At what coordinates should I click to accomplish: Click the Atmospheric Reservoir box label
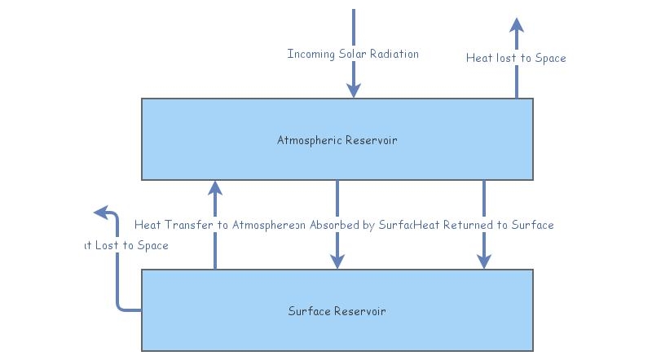[337, 140]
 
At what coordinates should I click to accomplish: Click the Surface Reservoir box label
[337, 311]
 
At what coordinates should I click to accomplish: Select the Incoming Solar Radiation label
[353, 54]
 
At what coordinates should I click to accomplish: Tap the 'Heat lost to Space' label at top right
[516, 58]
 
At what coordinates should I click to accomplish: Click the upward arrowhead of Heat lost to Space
[517, 24]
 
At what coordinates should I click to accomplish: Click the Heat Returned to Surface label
[484, 225]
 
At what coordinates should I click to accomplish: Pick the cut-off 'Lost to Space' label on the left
[126, 245]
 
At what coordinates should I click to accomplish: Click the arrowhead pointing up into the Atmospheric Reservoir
[215, 188]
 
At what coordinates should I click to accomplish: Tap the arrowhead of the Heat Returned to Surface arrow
[484, 261]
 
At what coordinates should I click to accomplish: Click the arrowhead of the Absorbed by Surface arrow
[337, 261]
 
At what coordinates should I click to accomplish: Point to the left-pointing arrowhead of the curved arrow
[101, 213]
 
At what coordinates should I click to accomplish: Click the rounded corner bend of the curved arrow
[120, 307]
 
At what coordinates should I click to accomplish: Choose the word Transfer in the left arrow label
[187, 225]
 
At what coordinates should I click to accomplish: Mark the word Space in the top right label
[549, 58]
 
